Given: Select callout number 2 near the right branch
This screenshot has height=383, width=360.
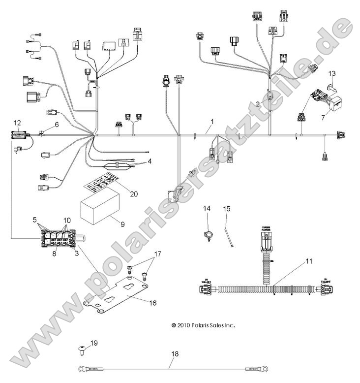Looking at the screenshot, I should coord(258,104).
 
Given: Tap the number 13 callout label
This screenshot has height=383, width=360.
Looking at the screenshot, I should coord(332,73).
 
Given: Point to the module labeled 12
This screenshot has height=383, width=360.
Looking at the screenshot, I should coord(19,134).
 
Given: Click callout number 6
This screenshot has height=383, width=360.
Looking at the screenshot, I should coord(56,125).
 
